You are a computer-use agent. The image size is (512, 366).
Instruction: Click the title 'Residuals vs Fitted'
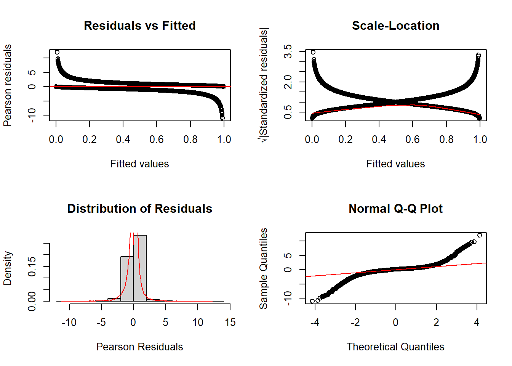point(139,26)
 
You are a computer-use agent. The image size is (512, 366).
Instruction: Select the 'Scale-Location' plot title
point(395,26)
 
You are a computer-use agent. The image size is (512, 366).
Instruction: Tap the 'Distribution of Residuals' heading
point(139,209)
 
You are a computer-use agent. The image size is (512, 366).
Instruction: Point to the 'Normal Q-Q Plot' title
point(395,209)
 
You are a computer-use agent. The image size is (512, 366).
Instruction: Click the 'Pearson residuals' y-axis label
point(8,85)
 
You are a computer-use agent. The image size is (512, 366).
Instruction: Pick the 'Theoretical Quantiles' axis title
point(395,347)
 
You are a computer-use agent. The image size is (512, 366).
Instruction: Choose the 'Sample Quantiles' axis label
point(264,268)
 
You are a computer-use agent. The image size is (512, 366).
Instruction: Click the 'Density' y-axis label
point(8,268)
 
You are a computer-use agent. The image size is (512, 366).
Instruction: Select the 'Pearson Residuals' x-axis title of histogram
point(139,347)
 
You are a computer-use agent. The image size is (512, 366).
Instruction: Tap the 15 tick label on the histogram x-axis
point(230,323)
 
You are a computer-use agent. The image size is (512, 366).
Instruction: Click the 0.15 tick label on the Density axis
point(32,266)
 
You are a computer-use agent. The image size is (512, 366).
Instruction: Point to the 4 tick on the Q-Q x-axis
point(477,323)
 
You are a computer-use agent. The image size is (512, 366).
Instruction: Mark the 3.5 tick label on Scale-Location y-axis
point(288,51)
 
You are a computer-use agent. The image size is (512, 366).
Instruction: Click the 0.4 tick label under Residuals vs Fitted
point(123,140)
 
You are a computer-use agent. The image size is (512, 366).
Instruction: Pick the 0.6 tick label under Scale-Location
point(413,140)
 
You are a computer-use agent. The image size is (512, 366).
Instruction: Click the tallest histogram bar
point(140,267)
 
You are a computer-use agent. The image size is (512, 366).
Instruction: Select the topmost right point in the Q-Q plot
point(480,235)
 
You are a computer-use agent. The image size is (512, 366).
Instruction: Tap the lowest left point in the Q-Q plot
point(312,301)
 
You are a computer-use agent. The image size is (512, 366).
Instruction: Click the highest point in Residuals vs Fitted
point(57,52)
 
